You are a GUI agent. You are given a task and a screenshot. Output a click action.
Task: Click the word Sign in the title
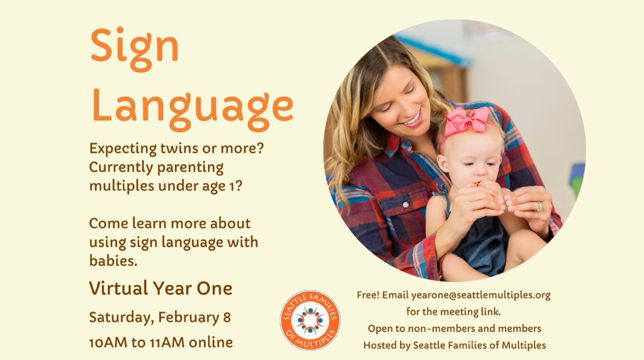pyautogui.click(x=134, y=49)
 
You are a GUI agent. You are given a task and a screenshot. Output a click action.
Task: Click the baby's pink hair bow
pyautogui.click(x=467, y=121)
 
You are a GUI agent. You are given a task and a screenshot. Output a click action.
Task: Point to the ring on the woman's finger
pyautogui.click(x=539, y=207)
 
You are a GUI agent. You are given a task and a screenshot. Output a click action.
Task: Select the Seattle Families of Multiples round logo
pyautogui.click(x=310, y=320)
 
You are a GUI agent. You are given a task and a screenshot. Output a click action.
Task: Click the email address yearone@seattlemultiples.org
pyautogui.click(x=480, y=295)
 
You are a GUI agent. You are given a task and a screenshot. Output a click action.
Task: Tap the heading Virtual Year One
pyautogui.click(x=160, y=288)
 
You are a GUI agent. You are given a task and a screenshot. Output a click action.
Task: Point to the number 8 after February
pyautogui.click(x=226, y=317)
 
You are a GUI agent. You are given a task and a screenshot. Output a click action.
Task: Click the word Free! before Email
pyautogui.click(x=368, y=295)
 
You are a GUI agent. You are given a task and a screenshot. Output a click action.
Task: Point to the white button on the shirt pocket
pyautogui.click(x=406, y=205)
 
